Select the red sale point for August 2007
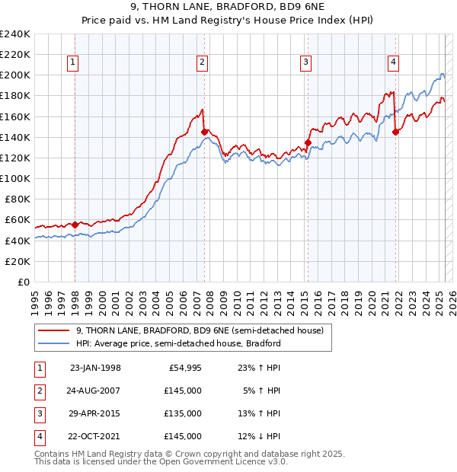204,132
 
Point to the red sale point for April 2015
308,142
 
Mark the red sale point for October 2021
395,132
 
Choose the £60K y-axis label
18,220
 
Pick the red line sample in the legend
55,330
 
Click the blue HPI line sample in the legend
55,343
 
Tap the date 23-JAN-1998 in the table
95,368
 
